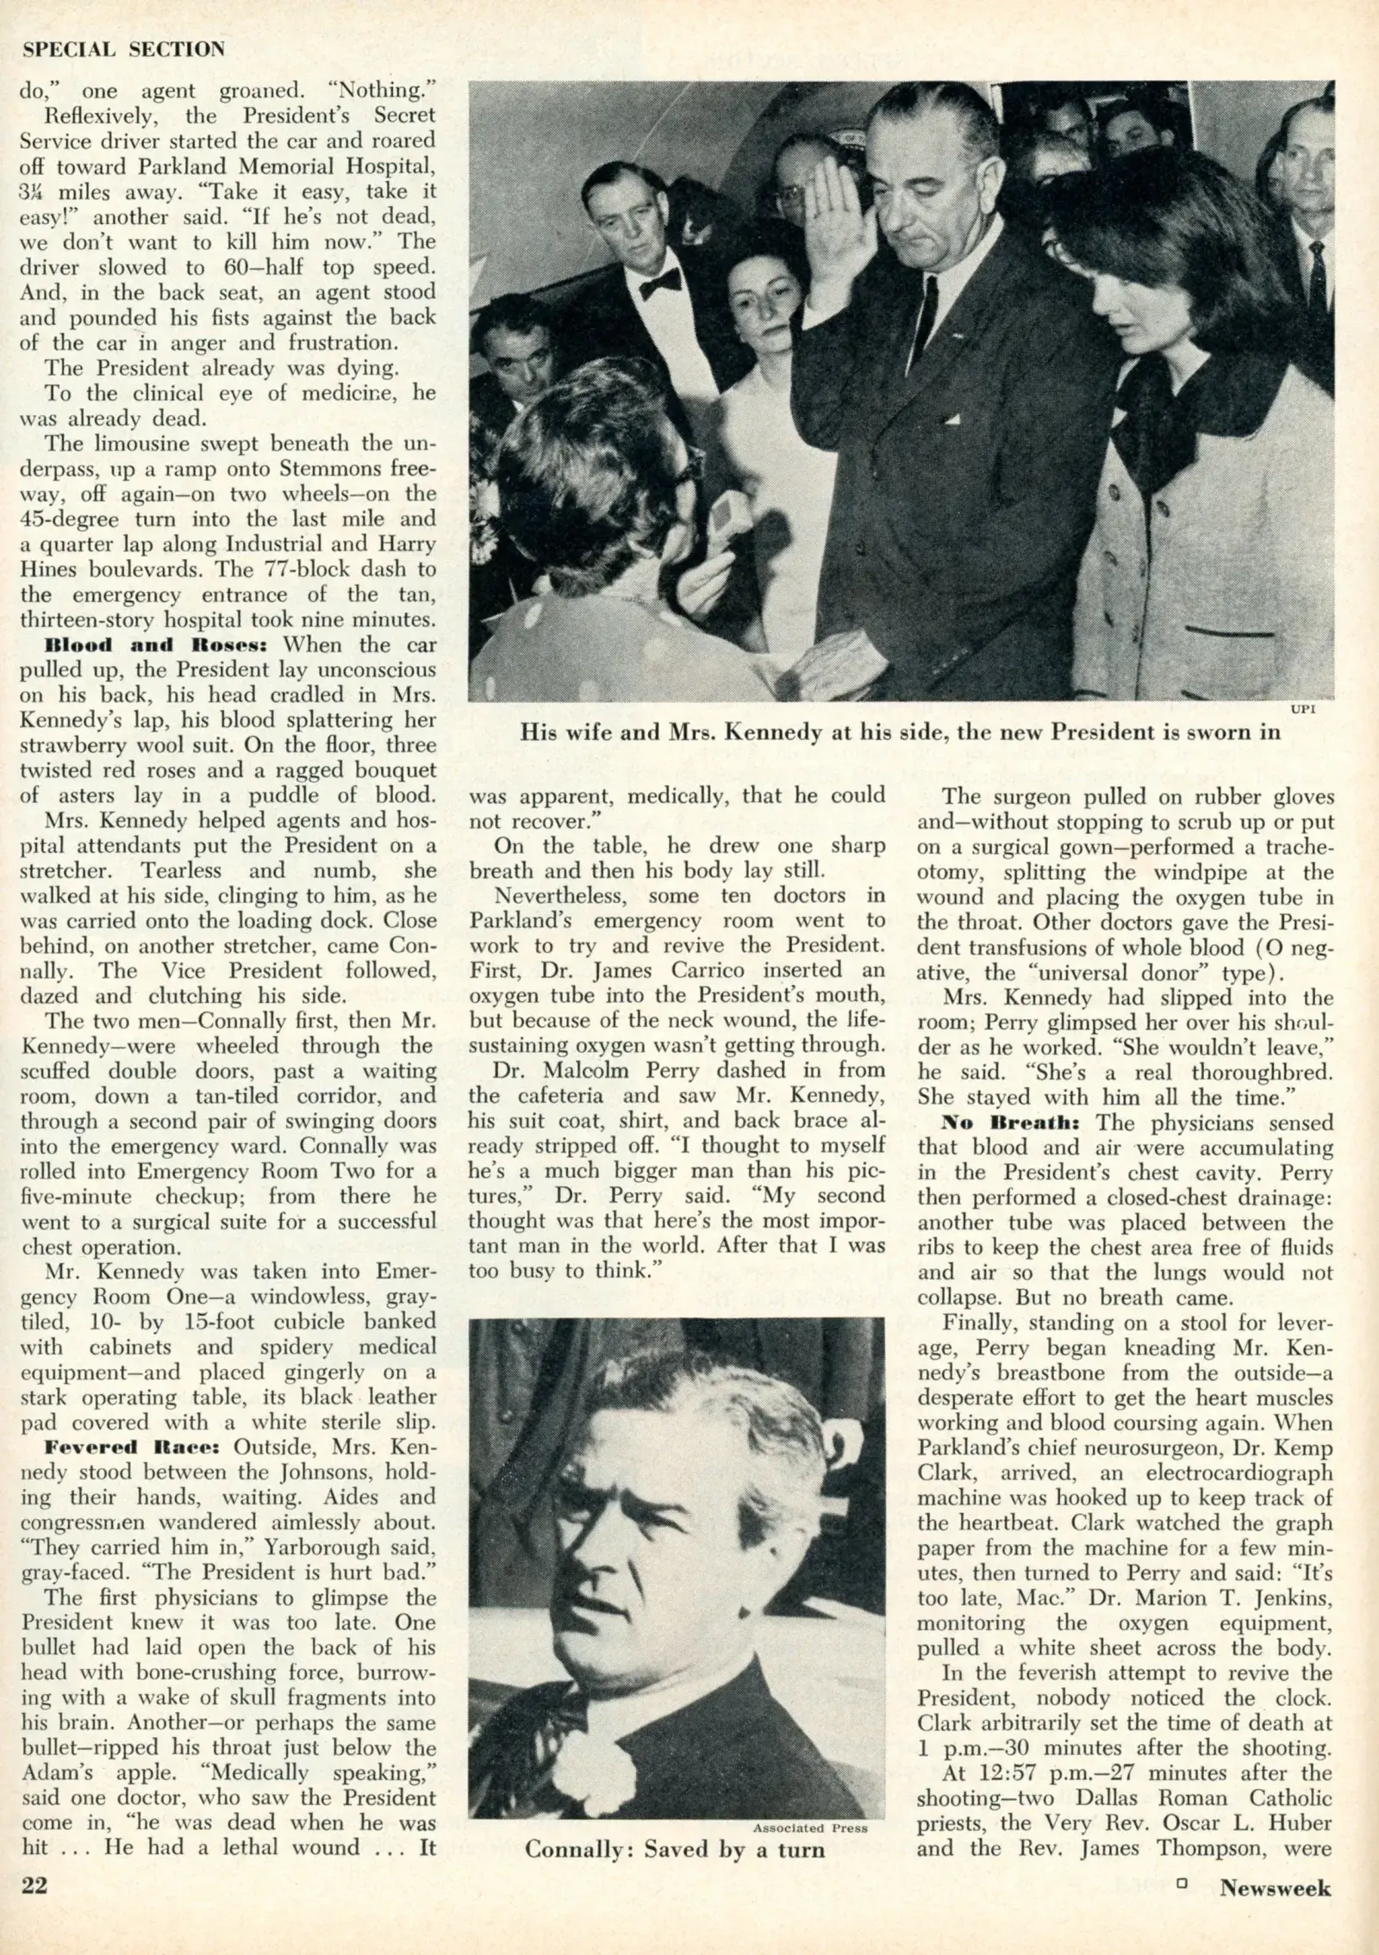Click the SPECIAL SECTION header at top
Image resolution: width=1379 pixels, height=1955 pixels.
click(123, 50)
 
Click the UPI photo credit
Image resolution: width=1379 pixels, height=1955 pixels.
click(1301, 709)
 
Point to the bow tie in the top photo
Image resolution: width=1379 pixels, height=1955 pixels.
click(660, 283)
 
